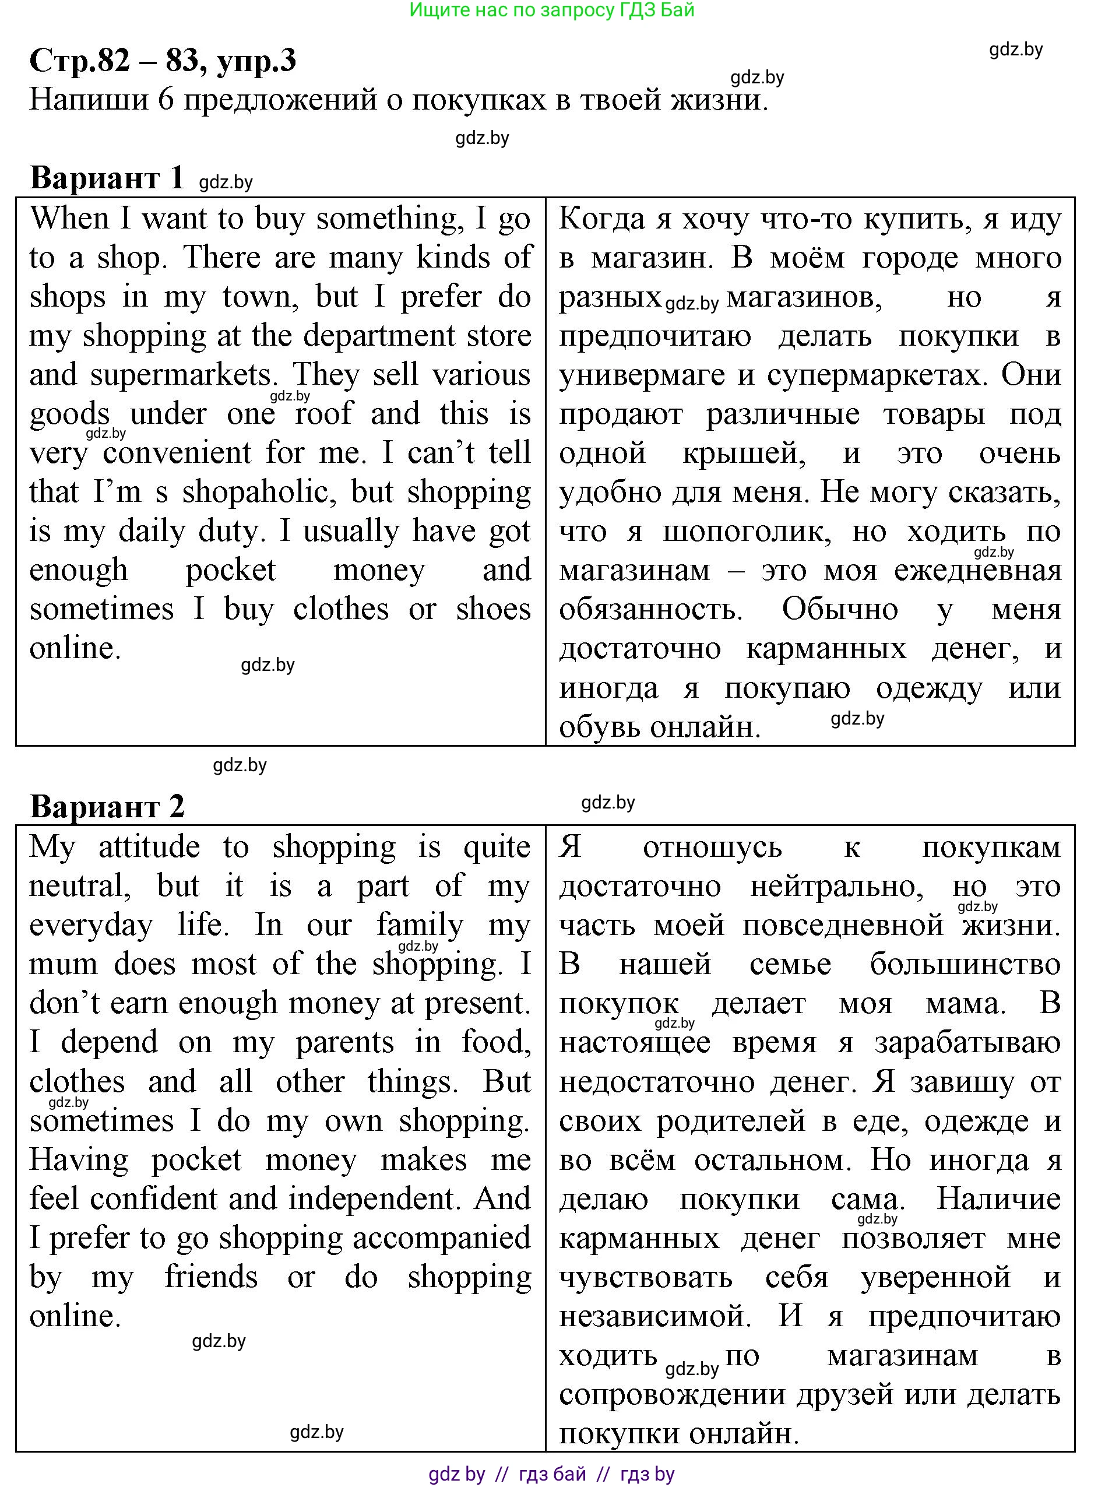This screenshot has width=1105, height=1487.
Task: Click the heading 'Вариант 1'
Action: (x=107, y=178)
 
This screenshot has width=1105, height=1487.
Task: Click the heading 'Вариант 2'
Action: (x=107, y=806)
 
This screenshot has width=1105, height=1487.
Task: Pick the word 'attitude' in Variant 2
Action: (x=149, y=847)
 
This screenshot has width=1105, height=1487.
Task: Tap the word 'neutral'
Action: (x=79, y=887)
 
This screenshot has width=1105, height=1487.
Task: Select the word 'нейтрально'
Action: (x=836, y=887)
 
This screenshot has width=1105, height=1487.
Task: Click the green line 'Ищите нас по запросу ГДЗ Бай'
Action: (x=552, y=10)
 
